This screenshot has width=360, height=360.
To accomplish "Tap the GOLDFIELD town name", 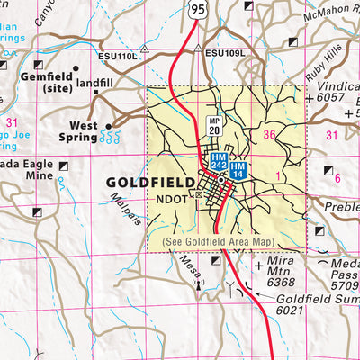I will pyautogui.click(x=148, y=183).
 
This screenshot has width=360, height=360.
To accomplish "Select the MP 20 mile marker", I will pyautogui.click(x=214, y=126).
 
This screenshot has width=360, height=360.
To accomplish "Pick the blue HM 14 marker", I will pyautogui.click(x=238, y=169).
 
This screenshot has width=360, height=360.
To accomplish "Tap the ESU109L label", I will pyautogui.click(x=222, y=54).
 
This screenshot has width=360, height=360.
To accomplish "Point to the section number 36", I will pyautogui.click(x=268, y=135).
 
